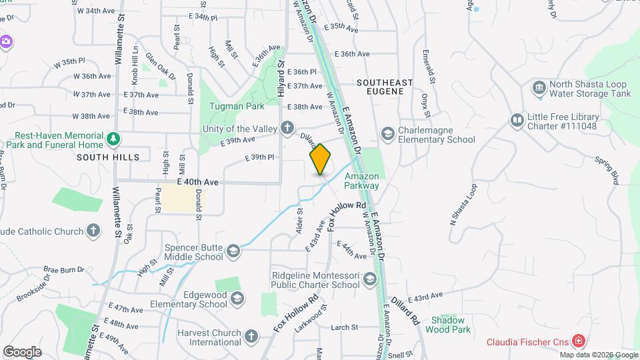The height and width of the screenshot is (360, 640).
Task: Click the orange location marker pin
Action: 321,159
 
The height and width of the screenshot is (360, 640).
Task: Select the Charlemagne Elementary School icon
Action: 387,135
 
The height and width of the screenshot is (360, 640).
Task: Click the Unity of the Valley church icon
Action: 287,127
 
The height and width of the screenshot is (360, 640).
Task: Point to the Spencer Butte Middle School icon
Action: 233,251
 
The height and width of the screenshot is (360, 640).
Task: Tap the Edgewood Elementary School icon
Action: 237,299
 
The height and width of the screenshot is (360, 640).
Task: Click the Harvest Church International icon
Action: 251,336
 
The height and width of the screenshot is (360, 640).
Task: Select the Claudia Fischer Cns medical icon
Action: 578,341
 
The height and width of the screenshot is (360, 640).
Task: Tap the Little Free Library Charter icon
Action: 517,121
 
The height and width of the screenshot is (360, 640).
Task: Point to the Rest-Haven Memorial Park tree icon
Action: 115,139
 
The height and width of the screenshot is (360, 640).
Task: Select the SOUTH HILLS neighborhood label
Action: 108,157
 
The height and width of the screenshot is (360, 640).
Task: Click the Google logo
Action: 22,351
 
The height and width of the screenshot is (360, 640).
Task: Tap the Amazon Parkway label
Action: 363,181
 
